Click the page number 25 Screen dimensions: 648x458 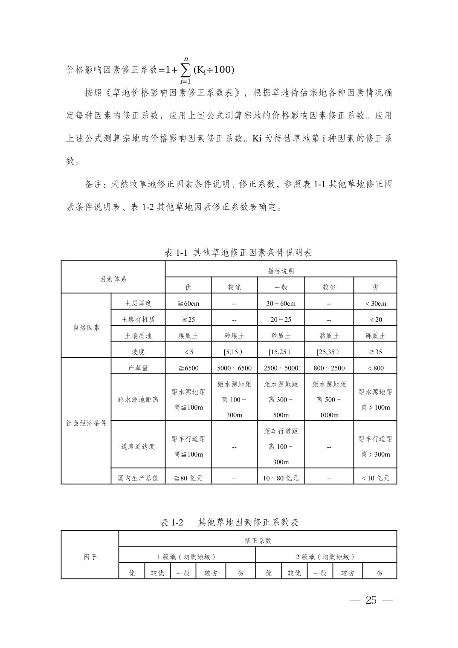click(x=371, y=600)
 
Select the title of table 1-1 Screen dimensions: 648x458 click(x=238, y=252)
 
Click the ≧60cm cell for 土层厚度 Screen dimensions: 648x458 click(x=188, y=304)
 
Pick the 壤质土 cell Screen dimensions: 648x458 click(x=188, y=336)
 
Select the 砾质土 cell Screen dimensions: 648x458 click(x=375, y=336)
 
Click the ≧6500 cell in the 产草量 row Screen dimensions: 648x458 click(x=188, y=368)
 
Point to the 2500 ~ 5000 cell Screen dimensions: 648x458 click(x=281, y=368)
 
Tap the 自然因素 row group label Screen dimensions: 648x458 click(x=86, y=327)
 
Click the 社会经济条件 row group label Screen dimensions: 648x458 click(x=86, y=423)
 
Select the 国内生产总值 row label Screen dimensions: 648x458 click(x=138, y=478)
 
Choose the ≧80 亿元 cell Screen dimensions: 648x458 click(x=188, y=478)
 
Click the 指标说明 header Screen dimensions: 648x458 click(x=281, y=271)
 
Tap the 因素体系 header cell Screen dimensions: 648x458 click(x=113, y=279)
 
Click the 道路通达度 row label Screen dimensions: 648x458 click(x=138, y=446)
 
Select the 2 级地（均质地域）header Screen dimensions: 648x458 click(x=326, y=557)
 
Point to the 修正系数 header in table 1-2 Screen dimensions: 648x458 click(x=258, y=541)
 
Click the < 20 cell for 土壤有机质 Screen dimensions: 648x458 click(x=375, y=320)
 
